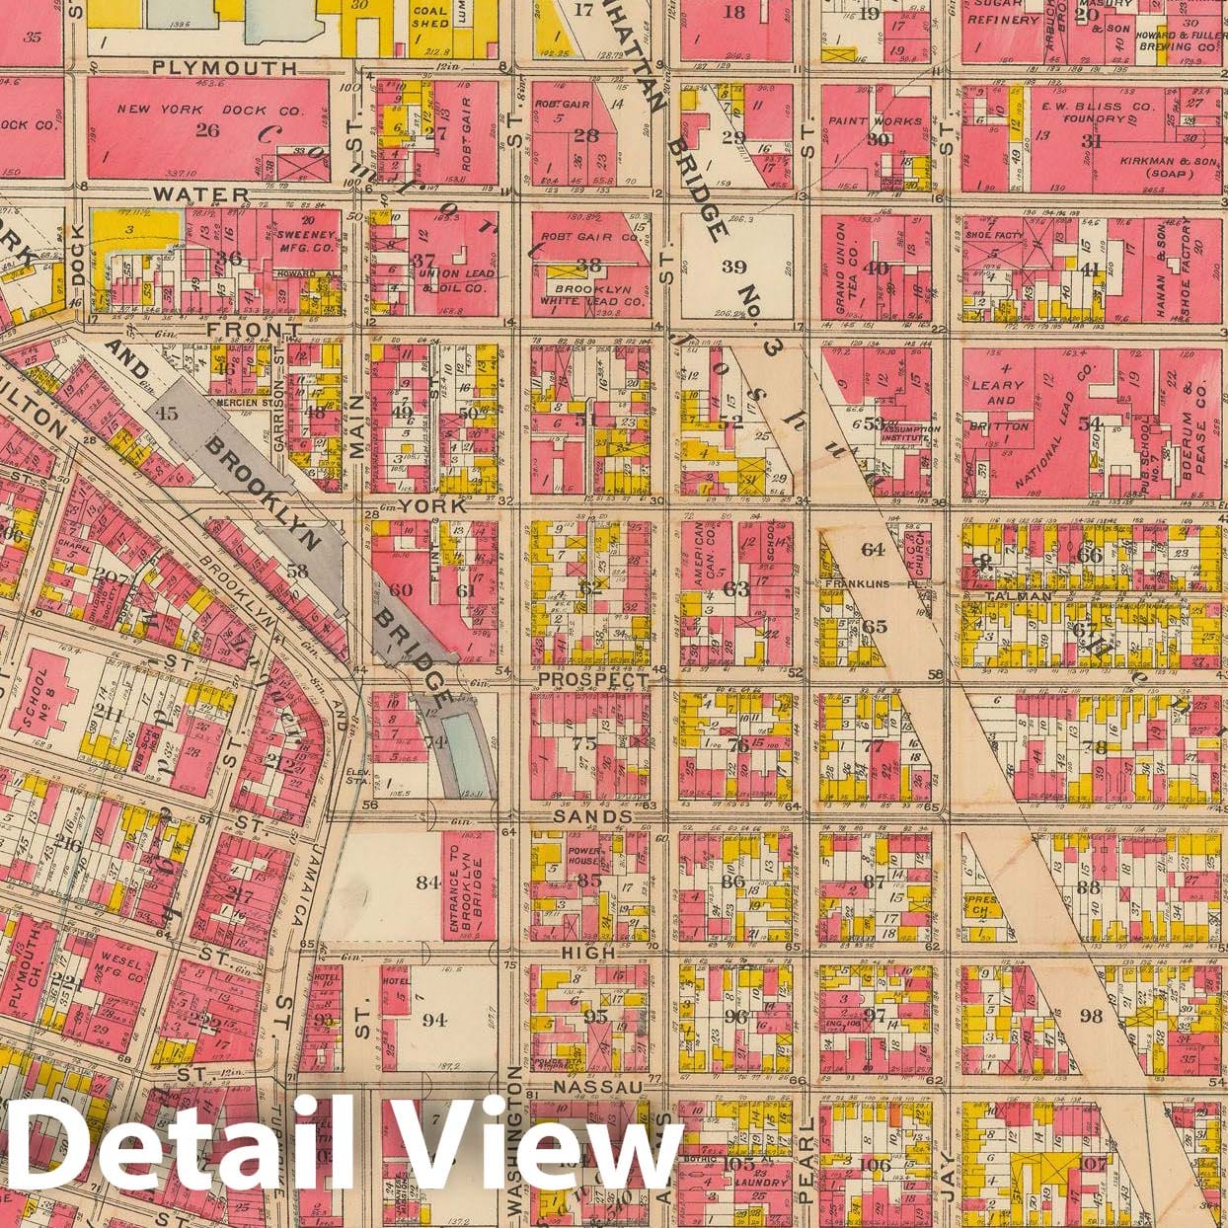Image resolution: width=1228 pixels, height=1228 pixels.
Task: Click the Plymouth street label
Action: [x=224, y=67]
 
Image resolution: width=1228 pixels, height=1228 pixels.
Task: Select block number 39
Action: [x=733, y=267]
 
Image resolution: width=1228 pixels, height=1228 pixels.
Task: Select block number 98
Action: [x=1091, y=1017]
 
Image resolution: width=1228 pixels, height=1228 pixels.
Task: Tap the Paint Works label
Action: [x=878, y=121]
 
